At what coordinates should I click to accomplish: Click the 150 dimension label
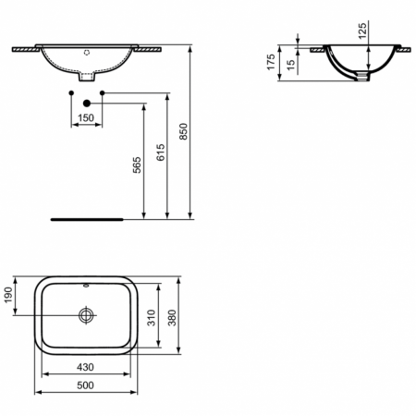[86, 118]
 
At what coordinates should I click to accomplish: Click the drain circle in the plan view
[86, 316]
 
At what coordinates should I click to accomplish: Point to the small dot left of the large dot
[70, 93]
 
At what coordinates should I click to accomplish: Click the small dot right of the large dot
[102, 93]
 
